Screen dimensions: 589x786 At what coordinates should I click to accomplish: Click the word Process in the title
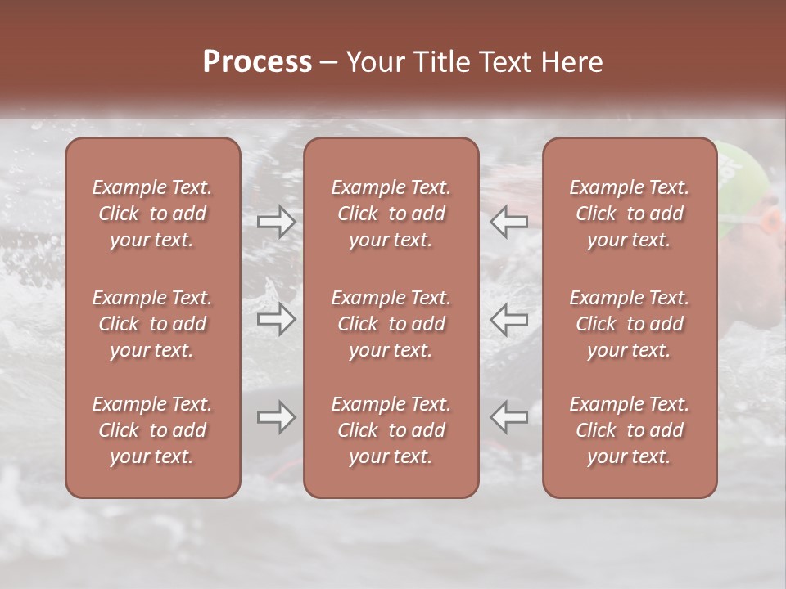[x=257, y=61]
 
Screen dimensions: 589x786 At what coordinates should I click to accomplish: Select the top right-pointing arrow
[x=277, y=222]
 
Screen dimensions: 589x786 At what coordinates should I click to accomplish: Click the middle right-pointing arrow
[x=277, y=319]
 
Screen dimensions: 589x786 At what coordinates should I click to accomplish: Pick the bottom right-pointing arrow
[x=277, y=418]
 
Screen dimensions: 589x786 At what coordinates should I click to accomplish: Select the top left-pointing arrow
[x=509, y=222]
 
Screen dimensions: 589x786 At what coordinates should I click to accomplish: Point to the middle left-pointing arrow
[x=509, y=319]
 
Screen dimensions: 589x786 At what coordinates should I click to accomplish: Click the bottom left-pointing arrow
[x=509, y=418]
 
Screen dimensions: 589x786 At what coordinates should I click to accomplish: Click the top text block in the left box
[x=152, y=214]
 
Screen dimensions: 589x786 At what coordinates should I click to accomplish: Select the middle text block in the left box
[x=152, y=324]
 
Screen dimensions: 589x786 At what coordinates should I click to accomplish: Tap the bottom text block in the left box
[x=152, y=430]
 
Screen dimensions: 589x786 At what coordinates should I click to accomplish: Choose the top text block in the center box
[x=391, y=214]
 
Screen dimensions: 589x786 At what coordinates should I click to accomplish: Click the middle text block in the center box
[x=391, y=324]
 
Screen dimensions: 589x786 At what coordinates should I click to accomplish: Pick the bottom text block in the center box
[x=391, y=430]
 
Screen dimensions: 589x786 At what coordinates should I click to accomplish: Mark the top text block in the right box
[x=630, y=214]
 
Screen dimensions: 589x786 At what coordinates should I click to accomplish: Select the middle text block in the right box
[x=630, y=324]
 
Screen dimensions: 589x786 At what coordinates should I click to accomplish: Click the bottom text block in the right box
[x=630, y=430]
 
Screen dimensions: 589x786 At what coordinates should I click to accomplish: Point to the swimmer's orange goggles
[x=770, y=220]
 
